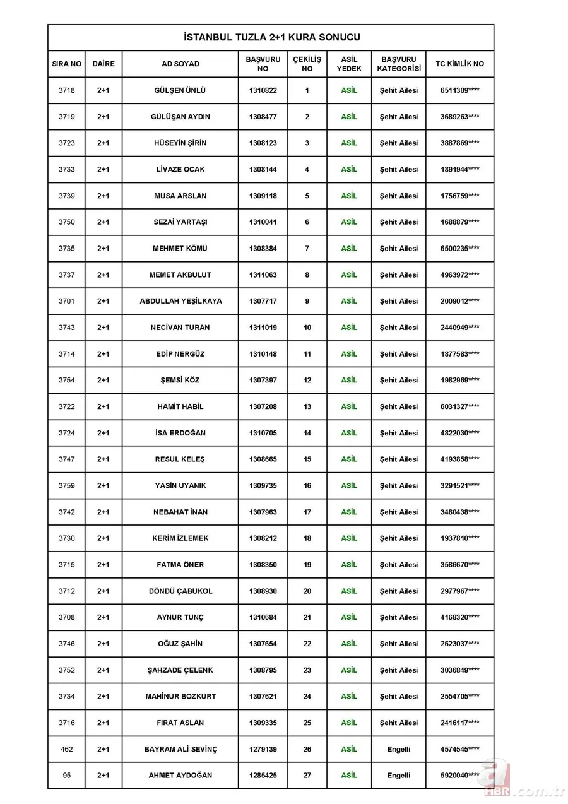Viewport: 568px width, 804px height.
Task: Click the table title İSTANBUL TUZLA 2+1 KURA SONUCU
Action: pyautogui.click(x=271, y=38)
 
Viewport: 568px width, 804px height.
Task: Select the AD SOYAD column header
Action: pyautogui.click(x=180, y=64)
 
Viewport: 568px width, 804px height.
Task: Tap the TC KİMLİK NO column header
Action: pyautogui.click(x=459, y=64)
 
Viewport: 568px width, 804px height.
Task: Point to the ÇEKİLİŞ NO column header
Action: pyautogui.click(x=307, y=64)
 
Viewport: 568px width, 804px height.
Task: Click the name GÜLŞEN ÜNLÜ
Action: pyautogui.click(x=180, y=90)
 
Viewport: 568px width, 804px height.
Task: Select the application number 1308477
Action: pyautogui.click(x=263, y=117)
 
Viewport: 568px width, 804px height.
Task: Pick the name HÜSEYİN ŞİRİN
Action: pyautogui.click(x=180, y=143)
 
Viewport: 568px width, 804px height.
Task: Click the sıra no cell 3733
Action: pyautogui.click(x=66, y=170)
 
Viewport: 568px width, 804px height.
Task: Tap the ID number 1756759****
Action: pyautogui.click(x=459, y=196)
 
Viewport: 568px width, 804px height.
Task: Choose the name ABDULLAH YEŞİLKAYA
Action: pyautogui.click(x=180, y=302)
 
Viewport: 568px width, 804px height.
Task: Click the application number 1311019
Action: pyautogui.click(x=263, y=328)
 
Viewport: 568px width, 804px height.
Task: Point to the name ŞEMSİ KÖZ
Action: pyautogui.click(x=180, y=381)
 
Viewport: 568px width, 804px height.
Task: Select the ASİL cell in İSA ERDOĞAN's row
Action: pyautogui.click(x=349, y=433)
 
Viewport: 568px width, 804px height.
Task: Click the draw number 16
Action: pyautogui.click(x=307, y=486)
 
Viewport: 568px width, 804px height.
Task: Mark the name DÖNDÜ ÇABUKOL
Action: pyautogui.click(x=180, y=591)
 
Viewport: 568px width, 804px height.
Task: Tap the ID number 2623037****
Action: pyautogui.click(x=459, y=644)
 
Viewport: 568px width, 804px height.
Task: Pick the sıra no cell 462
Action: pyautogui.click(x=66, y=750)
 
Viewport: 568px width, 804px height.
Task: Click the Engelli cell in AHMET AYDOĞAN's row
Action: pyautogui.click(x=398, y=776)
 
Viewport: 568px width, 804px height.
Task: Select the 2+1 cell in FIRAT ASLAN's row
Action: pyautogui.click(x=103, y=723)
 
